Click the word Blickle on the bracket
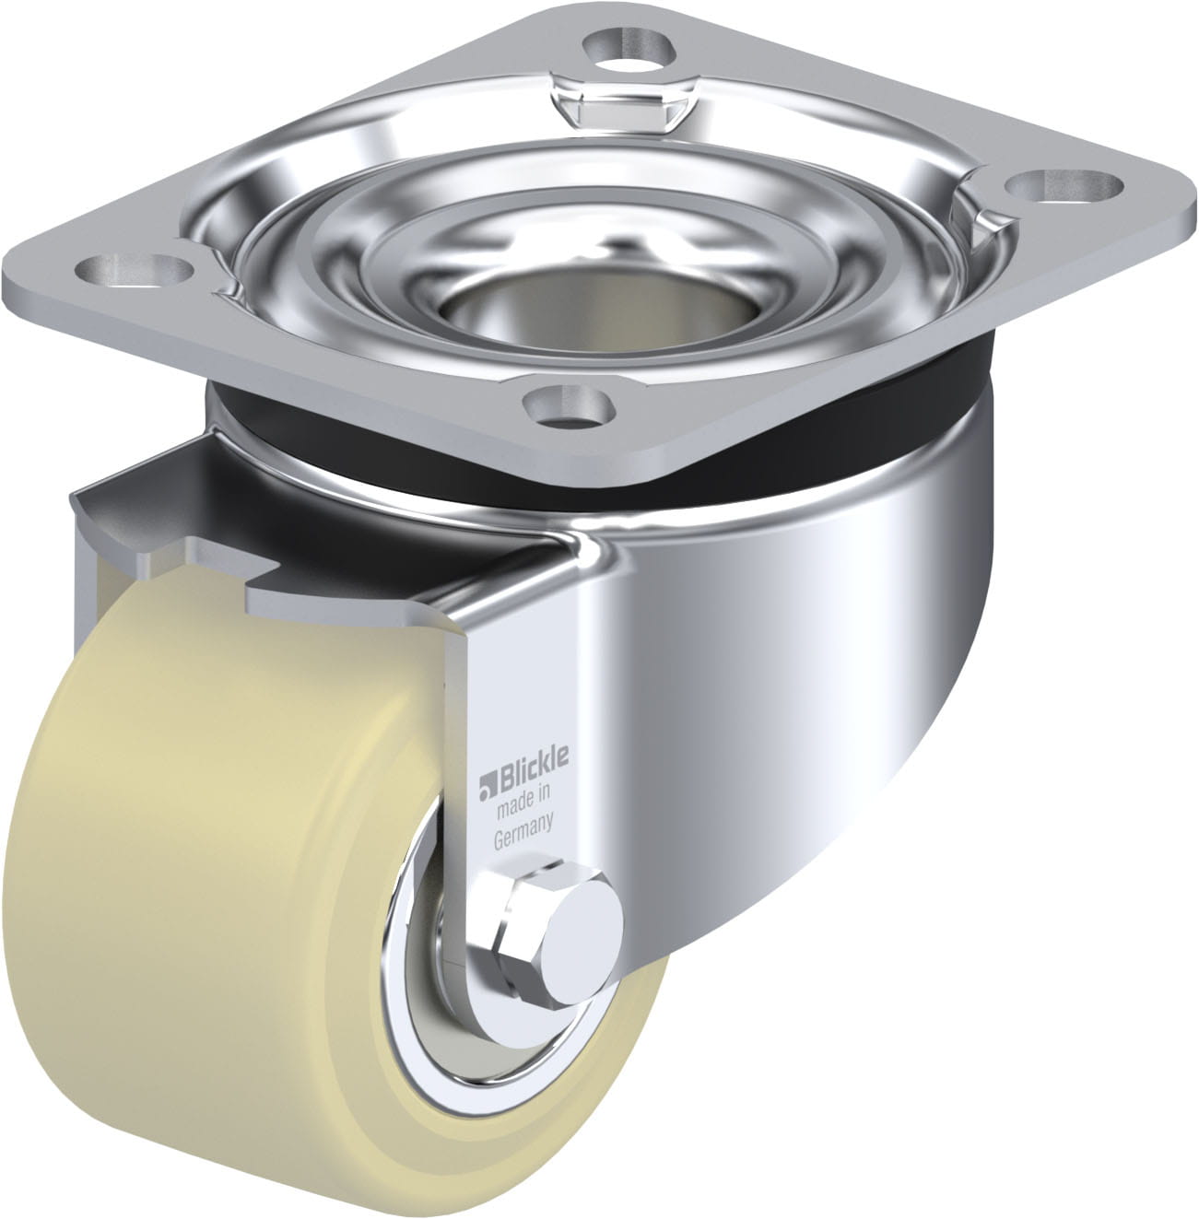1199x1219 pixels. pos(535,768)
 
